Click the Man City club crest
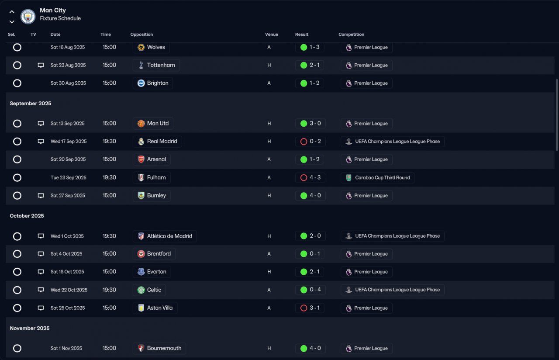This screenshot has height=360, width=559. pos(28,16)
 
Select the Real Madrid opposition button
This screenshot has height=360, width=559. pos(157,142)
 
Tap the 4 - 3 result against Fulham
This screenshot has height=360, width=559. pos(310,177)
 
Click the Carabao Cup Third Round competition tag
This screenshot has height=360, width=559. pos(377,178)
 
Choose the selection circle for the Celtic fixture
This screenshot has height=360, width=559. pos(17,290)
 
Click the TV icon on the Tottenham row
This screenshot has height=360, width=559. pos(41,65)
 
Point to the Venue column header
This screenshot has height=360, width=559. pos(271,35)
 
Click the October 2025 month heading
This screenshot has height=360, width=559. pos(27,216)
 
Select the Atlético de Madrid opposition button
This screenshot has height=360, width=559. pos(165,236)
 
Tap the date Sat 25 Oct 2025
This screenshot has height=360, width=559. pos(68,308)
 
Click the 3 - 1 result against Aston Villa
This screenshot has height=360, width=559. pos(310,308)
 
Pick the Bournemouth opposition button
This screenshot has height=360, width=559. pos(159,348)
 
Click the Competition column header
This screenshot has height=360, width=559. pos(351,35)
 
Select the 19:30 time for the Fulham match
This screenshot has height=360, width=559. pos(109,177)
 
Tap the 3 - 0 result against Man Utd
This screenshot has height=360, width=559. pos(310,124)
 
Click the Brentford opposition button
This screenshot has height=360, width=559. pos(154,254)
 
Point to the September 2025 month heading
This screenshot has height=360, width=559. pos(31,104)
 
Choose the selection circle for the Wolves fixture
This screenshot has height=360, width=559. pos(17,47)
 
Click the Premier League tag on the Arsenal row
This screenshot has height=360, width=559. pos(366,159)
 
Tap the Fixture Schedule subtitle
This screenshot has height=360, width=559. pos(60,18)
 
